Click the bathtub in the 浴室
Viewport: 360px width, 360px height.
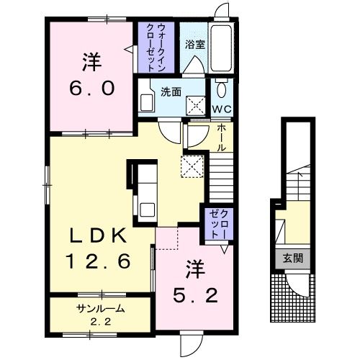click(x=221, y=48)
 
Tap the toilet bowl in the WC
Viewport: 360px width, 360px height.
click(x=221, y=88)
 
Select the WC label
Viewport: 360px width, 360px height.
click(x=222, y=109)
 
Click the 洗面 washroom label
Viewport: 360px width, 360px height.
click(x=171, y=92)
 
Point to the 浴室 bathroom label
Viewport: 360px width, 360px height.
click(x=195, y=45)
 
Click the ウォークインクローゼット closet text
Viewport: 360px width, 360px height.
click(x=156, y=48)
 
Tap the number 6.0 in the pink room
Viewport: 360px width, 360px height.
click(x=91, y=88)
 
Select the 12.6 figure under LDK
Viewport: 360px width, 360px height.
click(x=98, y=261)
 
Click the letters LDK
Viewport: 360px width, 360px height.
click(x=98, y=235)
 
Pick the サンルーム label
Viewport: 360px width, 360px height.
click(x=101, y=309)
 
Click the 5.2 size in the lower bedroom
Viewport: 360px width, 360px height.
click(x=195, y=295)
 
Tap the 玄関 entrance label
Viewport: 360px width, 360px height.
click(x=293, y=258)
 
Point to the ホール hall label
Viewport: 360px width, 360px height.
click(x=222, y=138)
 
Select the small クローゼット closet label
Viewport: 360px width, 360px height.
click(x=218, y=224)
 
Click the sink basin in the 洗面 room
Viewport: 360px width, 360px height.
click(x=147, y=103)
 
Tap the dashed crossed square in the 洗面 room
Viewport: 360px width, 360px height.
click(x=196, y=105)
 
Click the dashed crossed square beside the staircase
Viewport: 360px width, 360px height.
click(x=192, y=166)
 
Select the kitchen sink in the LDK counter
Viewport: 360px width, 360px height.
click(x=148, y=210)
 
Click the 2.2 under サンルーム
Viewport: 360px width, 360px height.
click(x=101, y=322)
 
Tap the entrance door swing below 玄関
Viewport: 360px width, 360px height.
click(x=297, y=285)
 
